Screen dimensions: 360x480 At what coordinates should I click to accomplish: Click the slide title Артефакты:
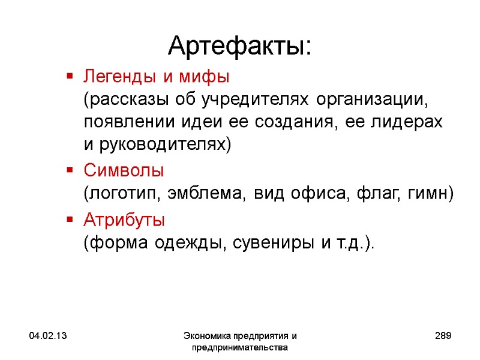point(239,45)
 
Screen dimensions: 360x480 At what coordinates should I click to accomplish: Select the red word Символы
point(123,170)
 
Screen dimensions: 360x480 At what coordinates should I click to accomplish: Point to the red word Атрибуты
point(124,220)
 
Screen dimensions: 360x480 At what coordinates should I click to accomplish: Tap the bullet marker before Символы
point(70,170)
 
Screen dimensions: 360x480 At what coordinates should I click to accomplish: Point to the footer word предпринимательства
point(239,347)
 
